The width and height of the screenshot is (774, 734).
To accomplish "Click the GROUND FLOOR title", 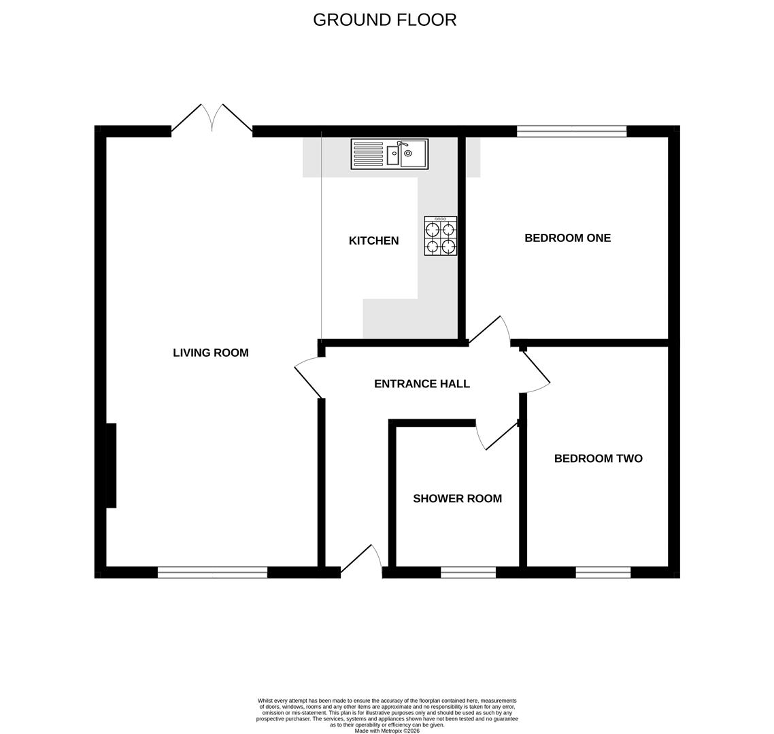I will (384, 20).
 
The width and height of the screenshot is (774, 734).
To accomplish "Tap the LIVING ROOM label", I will (210, 353).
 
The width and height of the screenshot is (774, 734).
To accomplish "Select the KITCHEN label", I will (373, 241).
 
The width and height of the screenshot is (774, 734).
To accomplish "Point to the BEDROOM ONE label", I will (567, 238).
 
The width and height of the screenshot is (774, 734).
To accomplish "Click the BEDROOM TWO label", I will (598, 459).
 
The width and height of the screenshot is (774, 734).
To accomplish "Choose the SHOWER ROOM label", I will (457, 499).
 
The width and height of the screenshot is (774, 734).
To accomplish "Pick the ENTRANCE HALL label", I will (422, 384).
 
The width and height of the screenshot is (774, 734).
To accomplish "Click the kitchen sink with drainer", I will (389, 154).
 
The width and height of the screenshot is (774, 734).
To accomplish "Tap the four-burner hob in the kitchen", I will (441, 236).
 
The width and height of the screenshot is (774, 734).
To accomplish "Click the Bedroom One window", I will (571, 132).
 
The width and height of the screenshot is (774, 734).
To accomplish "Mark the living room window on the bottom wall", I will (212, 572).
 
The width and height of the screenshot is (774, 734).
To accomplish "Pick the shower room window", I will (468, 572).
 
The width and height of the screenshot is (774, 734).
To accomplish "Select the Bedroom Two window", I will (603, 572).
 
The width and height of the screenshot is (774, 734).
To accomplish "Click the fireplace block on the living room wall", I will (111, 466).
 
